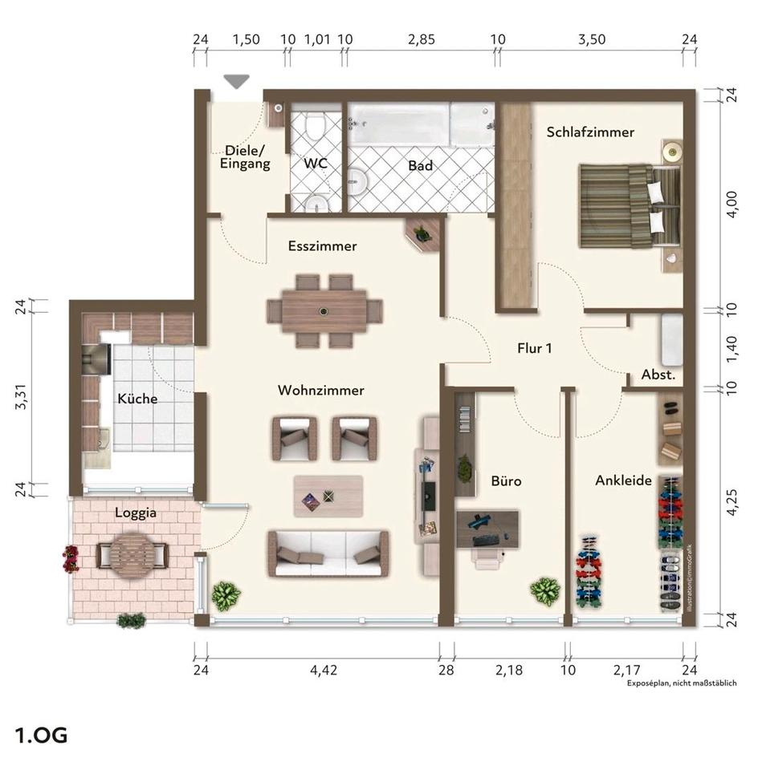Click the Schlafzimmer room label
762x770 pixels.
click(590, 132)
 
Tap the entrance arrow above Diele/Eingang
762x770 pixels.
click(236, 81)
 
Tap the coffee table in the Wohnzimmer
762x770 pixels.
click(328, 496)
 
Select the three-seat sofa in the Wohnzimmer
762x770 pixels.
click(328, 553)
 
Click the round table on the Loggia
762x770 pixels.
click(131, 554)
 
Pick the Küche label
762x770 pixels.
click(137, 399)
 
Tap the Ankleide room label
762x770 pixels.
click(623, 480)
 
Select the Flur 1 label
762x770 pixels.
click(534, 349)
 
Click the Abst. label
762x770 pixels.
click(658, 375)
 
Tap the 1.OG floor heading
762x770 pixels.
click(40, 735)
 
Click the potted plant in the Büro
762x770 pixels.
click(545, 592)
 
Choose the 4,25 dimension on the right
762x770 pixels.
click(731, 508)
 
